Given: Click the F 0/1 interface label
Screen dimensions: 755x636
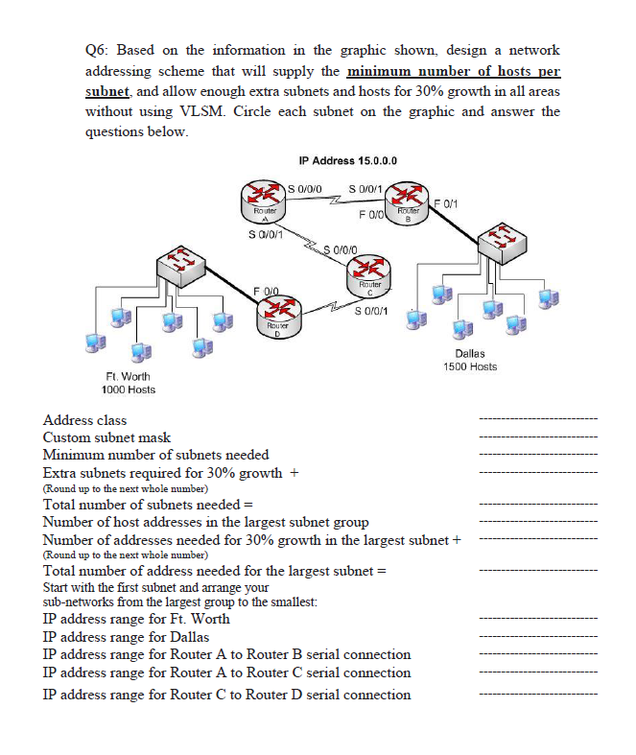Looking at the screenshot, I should click(448, 202).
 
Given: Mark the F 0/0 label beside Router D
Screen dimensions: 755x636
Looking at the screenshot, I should click(266, 289).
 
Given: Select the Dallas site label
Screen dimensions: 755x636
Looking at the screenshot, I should click(470, 354).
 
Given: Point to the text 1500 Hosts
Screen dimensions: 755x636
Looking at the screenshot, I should click(470, 366).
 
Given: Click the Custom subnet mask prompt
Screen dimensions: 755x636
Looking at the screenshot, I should click(106, 436).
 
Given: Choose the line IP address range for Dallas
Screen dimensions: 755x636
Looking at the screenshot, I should click(127, 636).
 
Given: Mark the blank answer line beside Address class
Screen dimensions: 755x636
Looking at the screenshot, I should click(537, 420).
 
